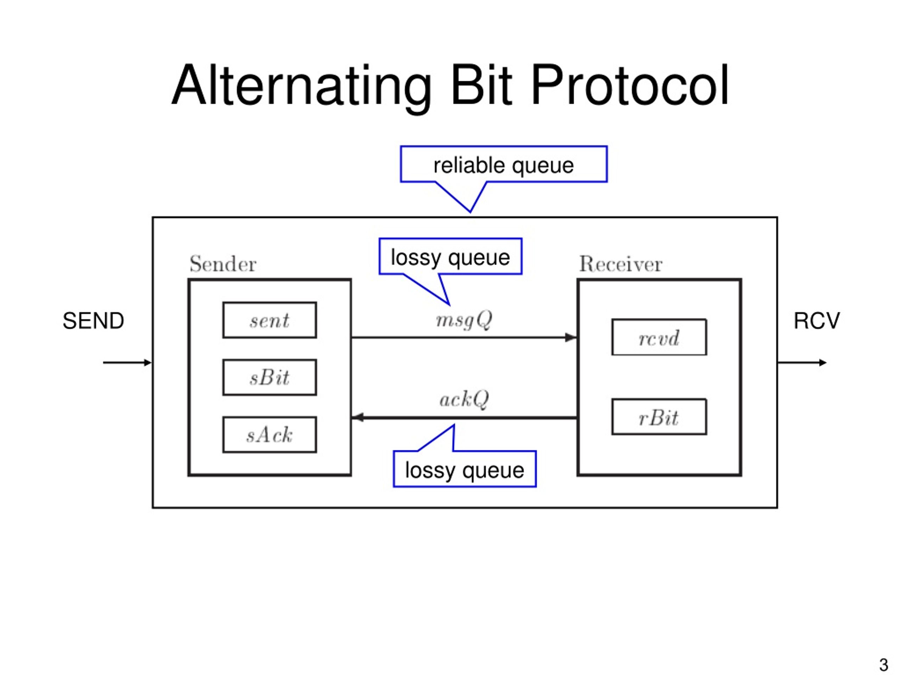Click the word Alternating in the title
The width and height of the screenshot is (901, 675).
(301, 88)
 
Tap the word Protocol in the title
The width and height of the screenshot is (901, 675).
(630, 85)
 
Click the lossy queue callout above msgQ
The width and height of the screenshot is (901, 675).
(450, 257)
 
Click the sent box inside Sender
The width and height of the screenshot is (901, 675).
(269, 320)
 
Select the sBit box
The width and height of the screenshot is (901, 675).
(269, 377)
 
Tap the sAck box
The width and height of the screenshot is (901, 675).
(269, 435)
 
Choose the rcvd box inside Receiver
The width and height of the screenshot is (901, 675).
(659, 337)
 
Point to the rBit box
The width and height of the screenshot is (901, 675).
(659, 417)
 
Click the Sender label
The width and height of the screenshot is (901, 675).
(223, 264)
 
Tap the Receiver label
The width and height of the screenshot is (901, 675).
(621, 264)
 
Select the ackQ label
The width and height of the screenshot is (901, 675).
(464, 399)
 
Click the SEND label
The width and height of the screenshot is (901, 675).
(93, 321)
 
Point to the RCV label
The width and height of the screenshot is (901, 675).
(817, 321)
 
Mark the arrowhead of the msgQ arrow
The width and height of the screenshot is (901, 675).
(571, 337)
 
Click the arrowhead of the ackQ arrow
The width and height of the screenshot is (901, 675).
(358, 417)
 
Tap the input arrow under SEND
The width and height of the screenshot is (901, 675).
(127, 362)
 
